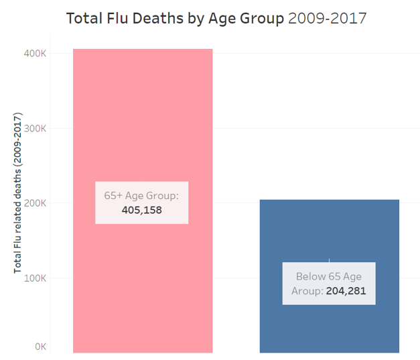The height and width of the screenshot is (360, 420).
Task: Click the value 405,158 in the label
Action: tap(142, 210)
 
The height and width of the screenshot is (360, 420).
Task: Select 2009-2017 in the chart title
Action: tap(327, 18)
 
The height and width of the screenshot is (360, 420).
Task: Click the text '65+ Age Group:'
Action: tap(141, 195)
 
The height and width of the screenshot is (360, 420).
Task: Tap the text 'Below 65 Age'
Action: tap(328, 276)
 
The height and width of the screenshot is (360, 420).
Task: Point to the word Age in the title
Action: tap(223, 18)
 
